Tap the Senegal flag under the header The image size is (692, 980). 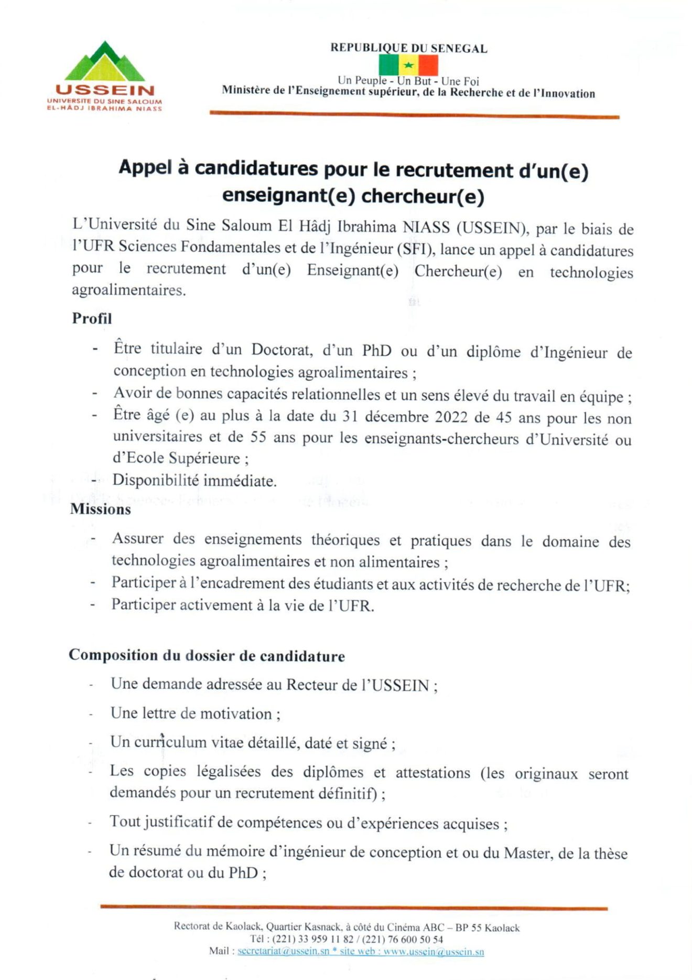pyautogui.click(x=408, y=66)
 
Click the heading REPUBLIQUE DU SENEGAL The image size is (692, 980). pyautogui.click(x=408, y=48)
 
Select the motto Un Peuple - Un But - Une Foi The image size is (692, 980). pyautogui.click(x=408, y=81)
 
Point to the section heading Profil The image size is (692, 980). pyautogui.click(x=92, y=318)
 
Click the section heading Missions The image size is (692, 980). pyautogui.click(x=100, y=509)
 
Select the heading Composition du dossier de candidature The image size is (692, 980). pyautogui.click(x=207, y=656)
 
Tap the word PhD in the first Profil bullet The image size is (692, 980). pyautogui.click(x=376, y=350)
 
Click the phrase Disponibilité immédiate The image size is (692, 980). pyautogui.click(x=194, y=481)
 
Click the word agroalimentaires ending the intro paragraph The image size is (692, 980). pyautogui.click(x=128, y=290)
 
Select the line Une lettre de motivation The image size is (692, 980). pyautogui.click(x=195, y=714)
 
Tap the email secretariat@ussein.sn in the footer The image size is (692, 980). pyautogui.click(x=283, y=951)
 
